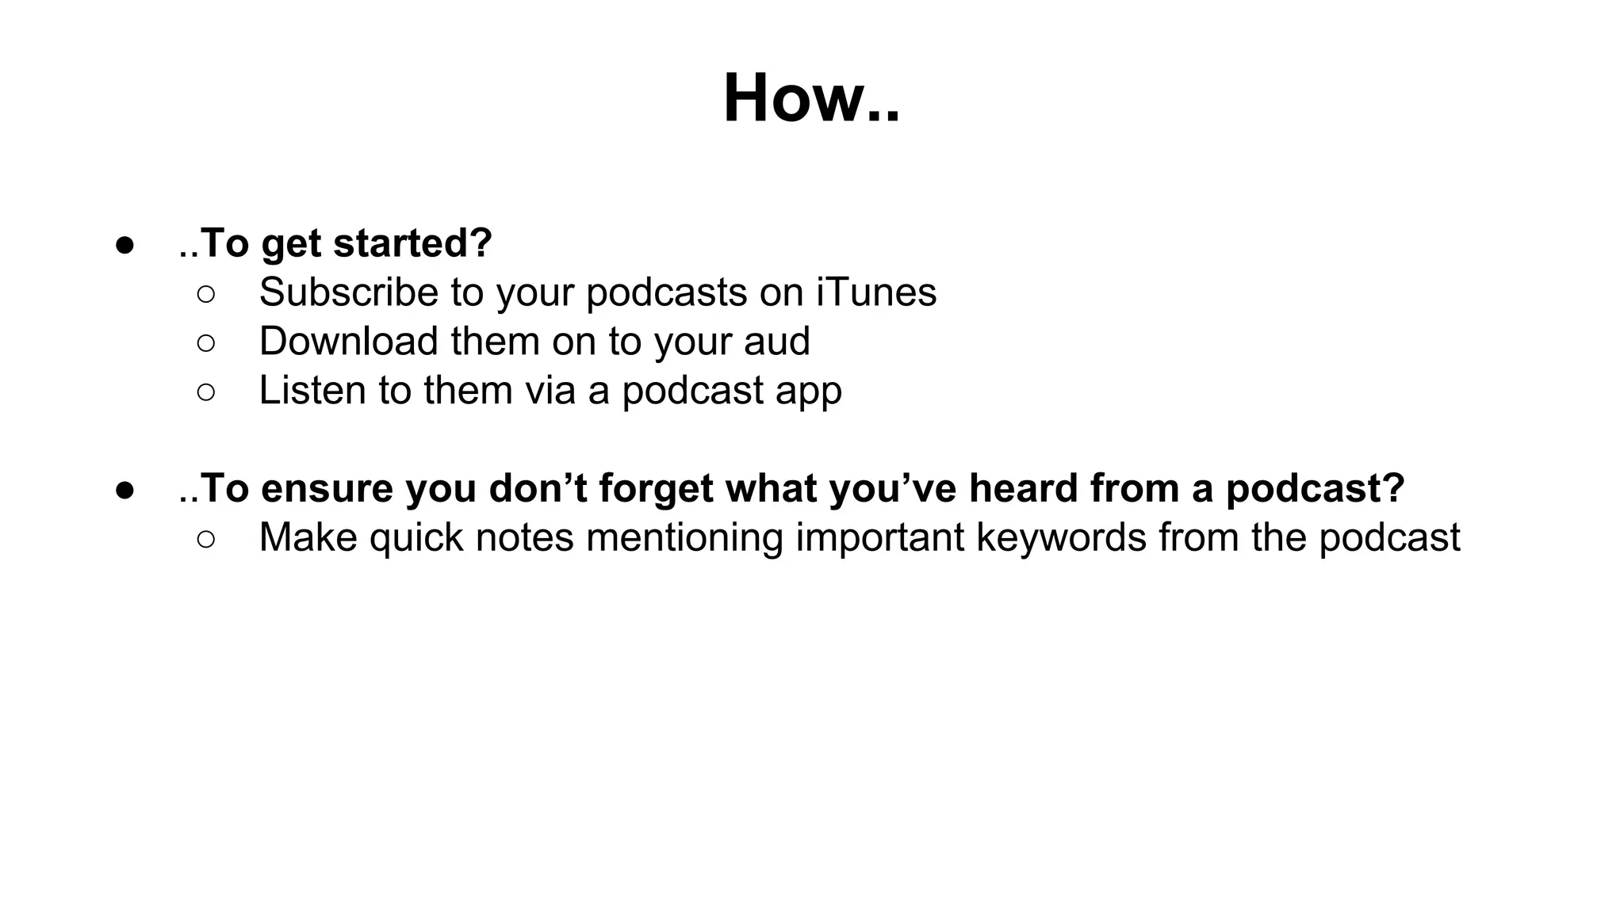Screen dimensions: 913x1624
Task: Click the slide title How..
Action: [810, 98]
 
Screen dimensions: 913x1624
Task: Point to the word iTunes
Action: [876, 292]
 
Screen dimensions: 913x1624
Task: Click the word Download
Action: [349, 341]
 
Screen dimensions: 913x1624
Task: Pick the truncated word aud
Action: [777, 341]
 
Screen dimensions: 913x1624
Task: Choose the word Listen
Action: [312, 390]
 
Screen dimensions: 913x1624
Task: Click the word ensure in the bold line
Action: [327, 488]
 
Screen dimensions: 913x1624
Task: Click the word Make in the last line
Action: [308, 537]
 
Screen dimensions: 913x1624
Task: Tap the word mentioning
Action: [684, 537]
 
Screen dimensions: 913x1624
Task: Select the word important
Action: [879, 537]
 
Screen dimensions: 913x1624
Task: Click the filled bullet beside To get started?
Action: [124, 244]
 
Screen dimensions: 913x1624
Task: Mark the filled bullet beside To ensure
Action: [124, 489]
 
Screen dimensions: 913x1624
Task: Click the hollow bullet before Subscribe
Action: [205, 294]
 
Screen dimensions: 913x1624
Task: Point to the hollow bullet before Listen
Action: [205, 392]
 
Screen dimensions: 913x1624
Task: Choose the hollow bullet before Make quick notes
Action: [205, 539]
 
